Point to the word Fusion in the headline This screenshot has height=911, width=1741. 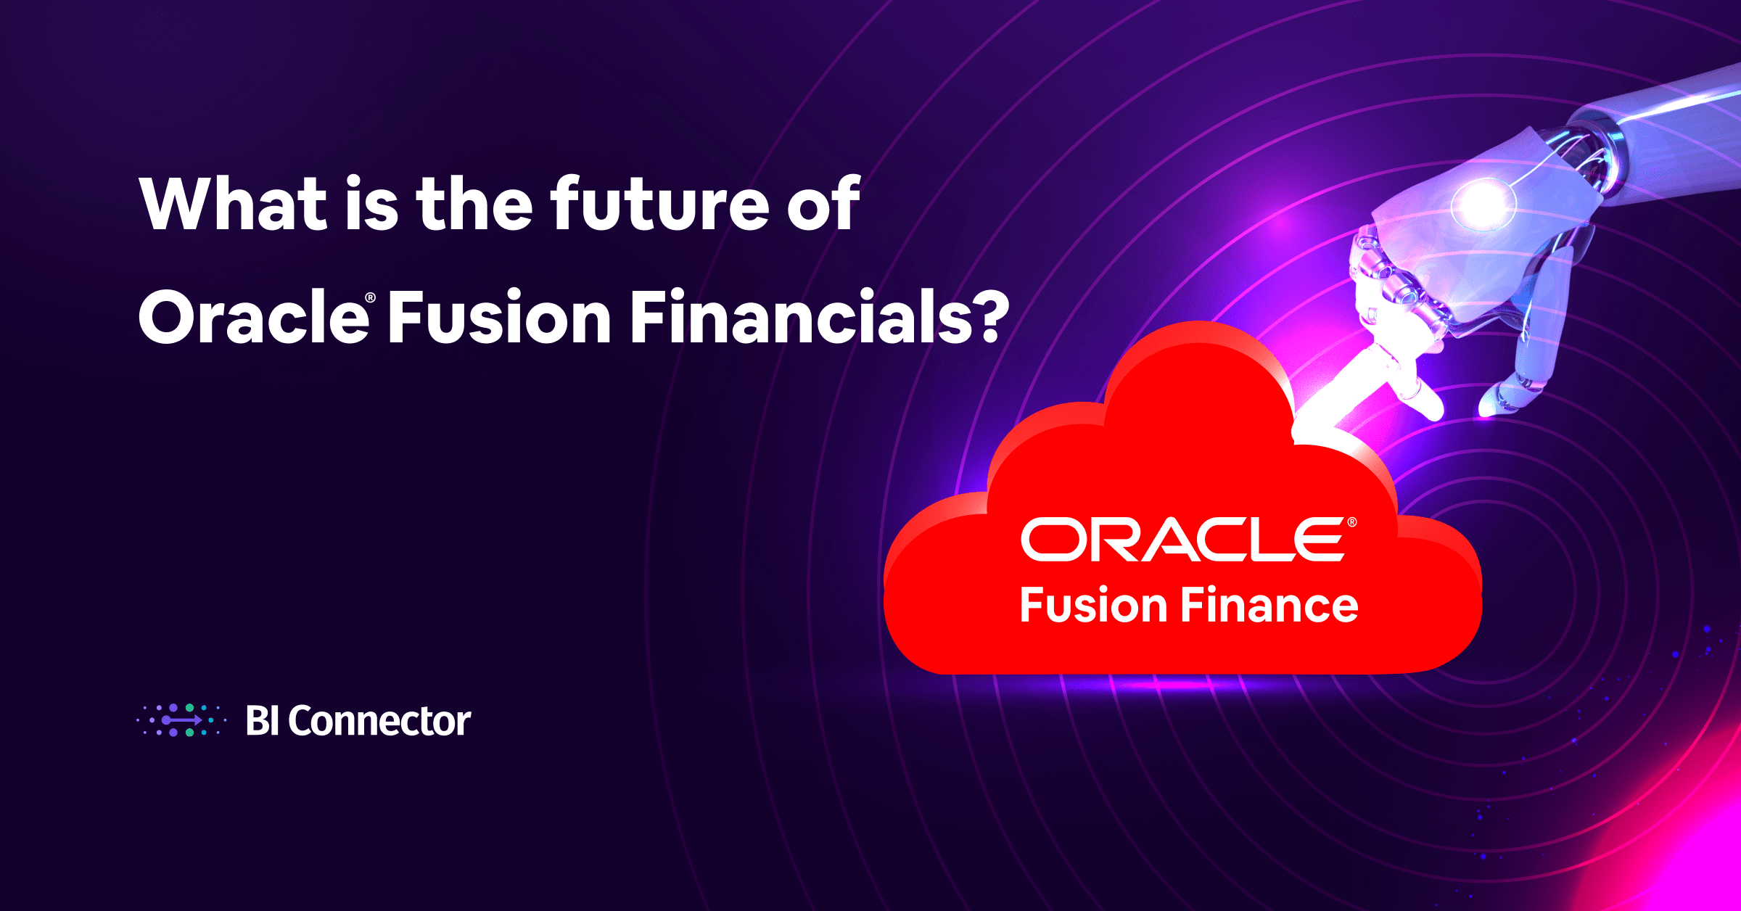point(499,317)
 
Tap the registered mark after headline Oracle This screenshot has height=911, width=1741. point(371,298)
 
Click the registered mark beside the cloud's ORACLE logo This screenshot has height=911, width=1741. point(1351,522)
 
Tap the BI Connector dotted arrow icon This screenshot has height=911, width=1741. point(181,720)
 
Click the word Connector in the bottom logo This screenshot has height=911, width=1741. point(379,721)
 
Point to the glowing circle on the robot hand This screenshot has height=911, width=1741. point(1482,204)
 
